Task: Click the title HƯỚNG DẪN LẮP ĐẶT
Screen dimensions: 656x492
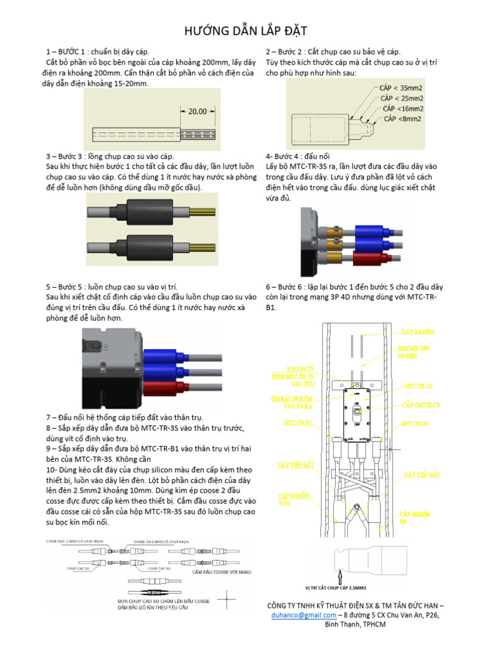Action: click(x=246, y=30)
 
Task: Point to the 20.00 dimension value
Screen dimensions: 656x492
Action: click(x=197, y=111)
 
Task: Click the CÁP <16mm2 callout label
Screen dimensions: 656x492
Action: click(x=403, y=109)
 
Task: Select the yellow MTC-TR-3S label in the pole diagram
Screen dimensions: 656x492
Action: click(x=418, y=386)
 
